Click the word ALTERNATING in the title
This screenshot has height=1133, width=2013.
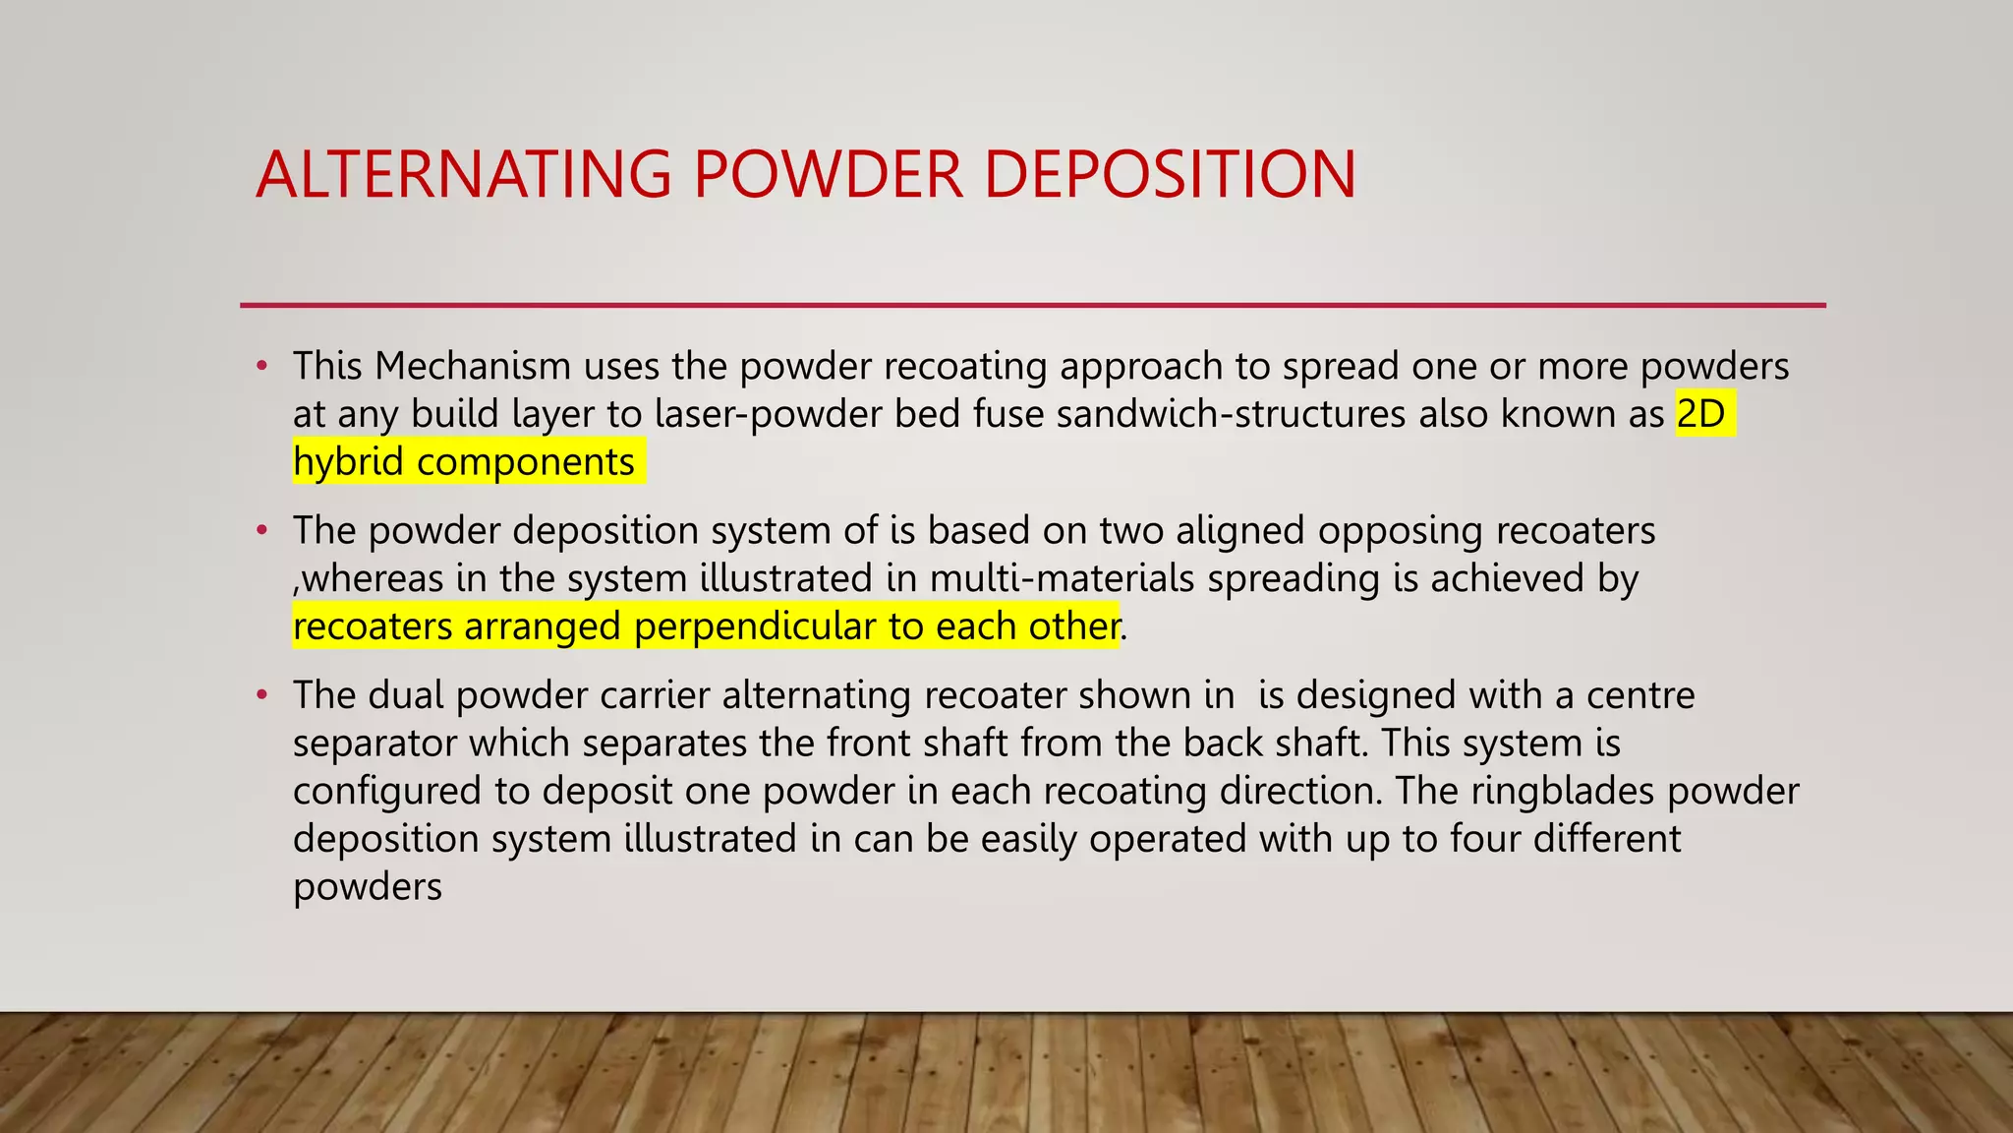tap(463, 175)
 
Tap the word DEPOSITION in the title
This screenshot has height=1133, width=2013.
tap(1170, 175)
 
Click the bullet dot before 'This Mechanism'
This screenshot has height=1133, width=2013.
tap(261, 367)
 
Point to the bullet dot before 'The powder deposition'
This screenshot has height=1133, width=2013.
tap(261, 531)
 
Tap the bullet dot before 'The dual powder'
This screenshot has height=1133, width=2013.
tap(261, 695)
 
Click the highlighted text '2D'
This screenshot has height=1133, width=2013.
tap(1700, 414)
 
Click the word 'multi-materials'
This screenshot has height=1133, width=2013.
tap(1062, 578)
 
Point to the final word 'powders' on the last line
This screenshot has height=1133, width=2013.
tap(368, 887)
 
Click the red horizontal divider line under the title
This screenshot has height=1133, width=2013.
tap(1032, 305)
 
